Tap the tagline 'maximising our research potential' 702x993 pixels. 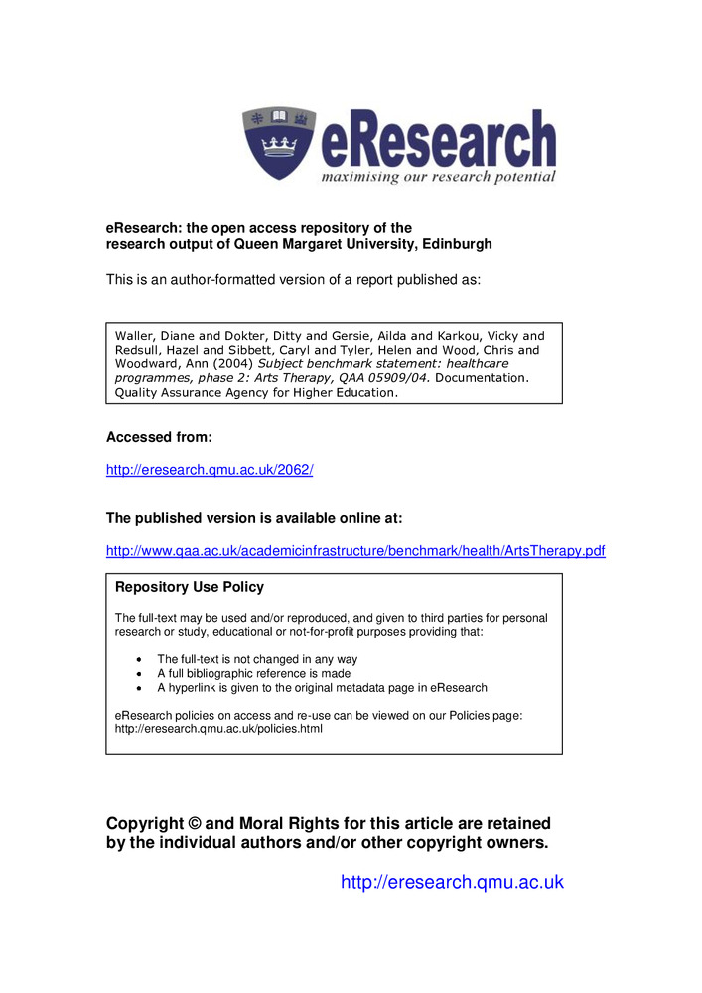[x=437, y=178]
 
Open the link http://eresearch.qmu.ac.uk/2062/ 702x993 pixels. [x=210, y=470]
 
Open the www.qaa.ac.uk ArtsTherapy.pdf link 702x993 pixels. [x=355, y=551]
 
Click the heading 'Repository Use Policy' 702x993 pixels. [x=190, y=587]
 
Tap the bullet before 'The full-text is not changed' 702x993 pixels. [x=137, y=659]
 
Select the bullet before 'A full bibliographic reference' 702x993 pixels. [x=137, y=673]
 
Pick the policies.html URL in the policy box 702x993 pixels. [x=218, y=728]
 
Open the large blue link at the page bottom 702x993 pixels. [x=452, y=882]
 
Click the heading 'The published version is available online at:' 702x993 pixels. [x=253, y=518]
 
